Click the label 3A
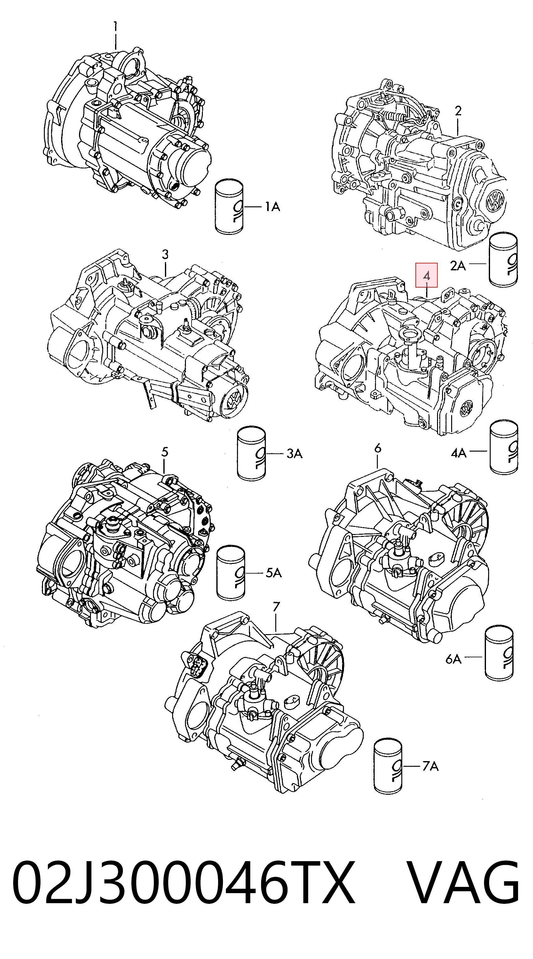[294, 454]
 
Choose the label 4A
[459, 453]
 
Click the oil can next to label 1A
[229, 207]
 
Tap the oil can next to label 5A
[231, 574]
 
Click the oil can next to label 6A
[499, 660]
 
